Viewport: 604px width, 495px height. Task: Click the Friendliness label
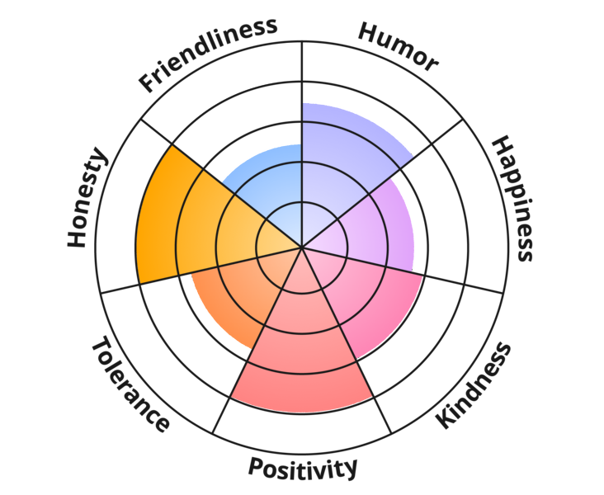point(208,54)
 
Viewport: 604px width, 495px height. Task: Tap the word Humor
point(399,47)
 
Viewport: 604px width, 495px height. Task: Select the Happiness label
point(513,198)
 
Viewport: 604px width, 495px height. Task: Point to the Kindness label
point(474,385)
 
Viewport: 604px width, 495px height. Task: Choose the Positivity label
point(303,468)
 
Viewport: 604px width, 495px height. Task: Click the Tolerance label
point(130,384)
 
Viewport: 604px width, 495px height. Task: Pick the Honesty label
point(87,197)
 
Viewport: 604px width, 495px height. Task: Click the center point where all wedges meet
point(302,247)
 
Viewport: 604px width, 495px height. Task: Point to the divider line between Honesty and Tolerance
point(201,270)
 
